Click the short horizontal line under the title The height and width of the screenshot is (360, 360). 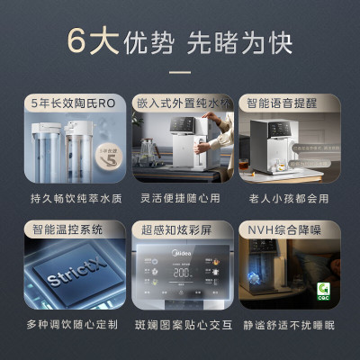pyautogui.click(x=180, y=72)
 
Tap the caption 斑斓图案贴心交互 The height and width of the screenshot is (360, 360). pyautogui.click(x=180, y=321)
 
